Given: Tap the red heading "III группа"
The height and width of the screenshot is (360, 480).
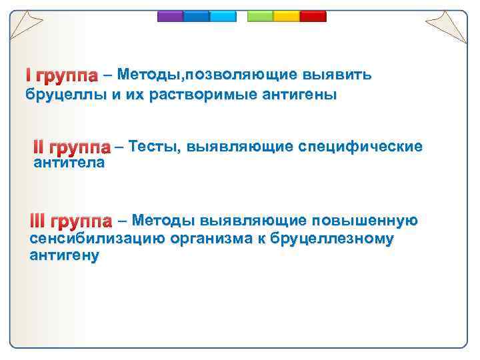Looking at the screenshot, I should [x=71, y=221].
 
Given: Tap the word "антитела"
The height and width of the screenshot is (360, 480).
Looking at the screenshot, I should [x=69, y=163].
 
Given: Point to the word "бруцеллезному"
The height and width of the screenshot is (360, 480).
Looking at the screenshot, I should [x=331, y=239].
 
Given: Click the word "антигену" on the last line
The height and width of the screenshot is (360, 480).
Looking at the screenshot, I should [x=65, y=255].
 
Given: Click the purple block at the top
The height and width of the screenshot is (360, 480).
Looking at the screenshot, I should [x=170, y=17].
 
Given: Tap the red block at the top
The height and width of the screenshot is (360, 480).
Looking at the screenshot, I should [x=313, y=17].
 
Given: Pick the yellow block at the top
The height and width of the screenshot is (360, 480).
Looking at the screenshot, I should [x=287, y=17].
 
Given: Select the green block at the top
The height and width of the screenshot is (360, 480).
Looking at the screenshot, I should [x=261, y=17].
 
